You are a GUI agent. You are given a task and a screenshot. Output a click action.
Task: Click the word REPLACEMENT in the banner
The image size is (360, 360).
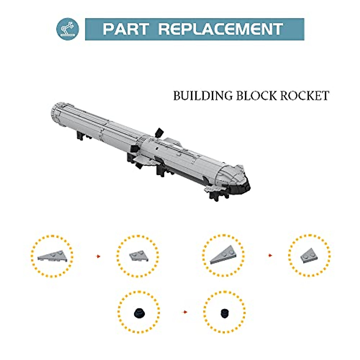220,29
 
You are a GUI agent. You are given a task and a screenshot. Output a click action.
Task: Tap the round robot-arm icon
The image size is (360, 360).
68,29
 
